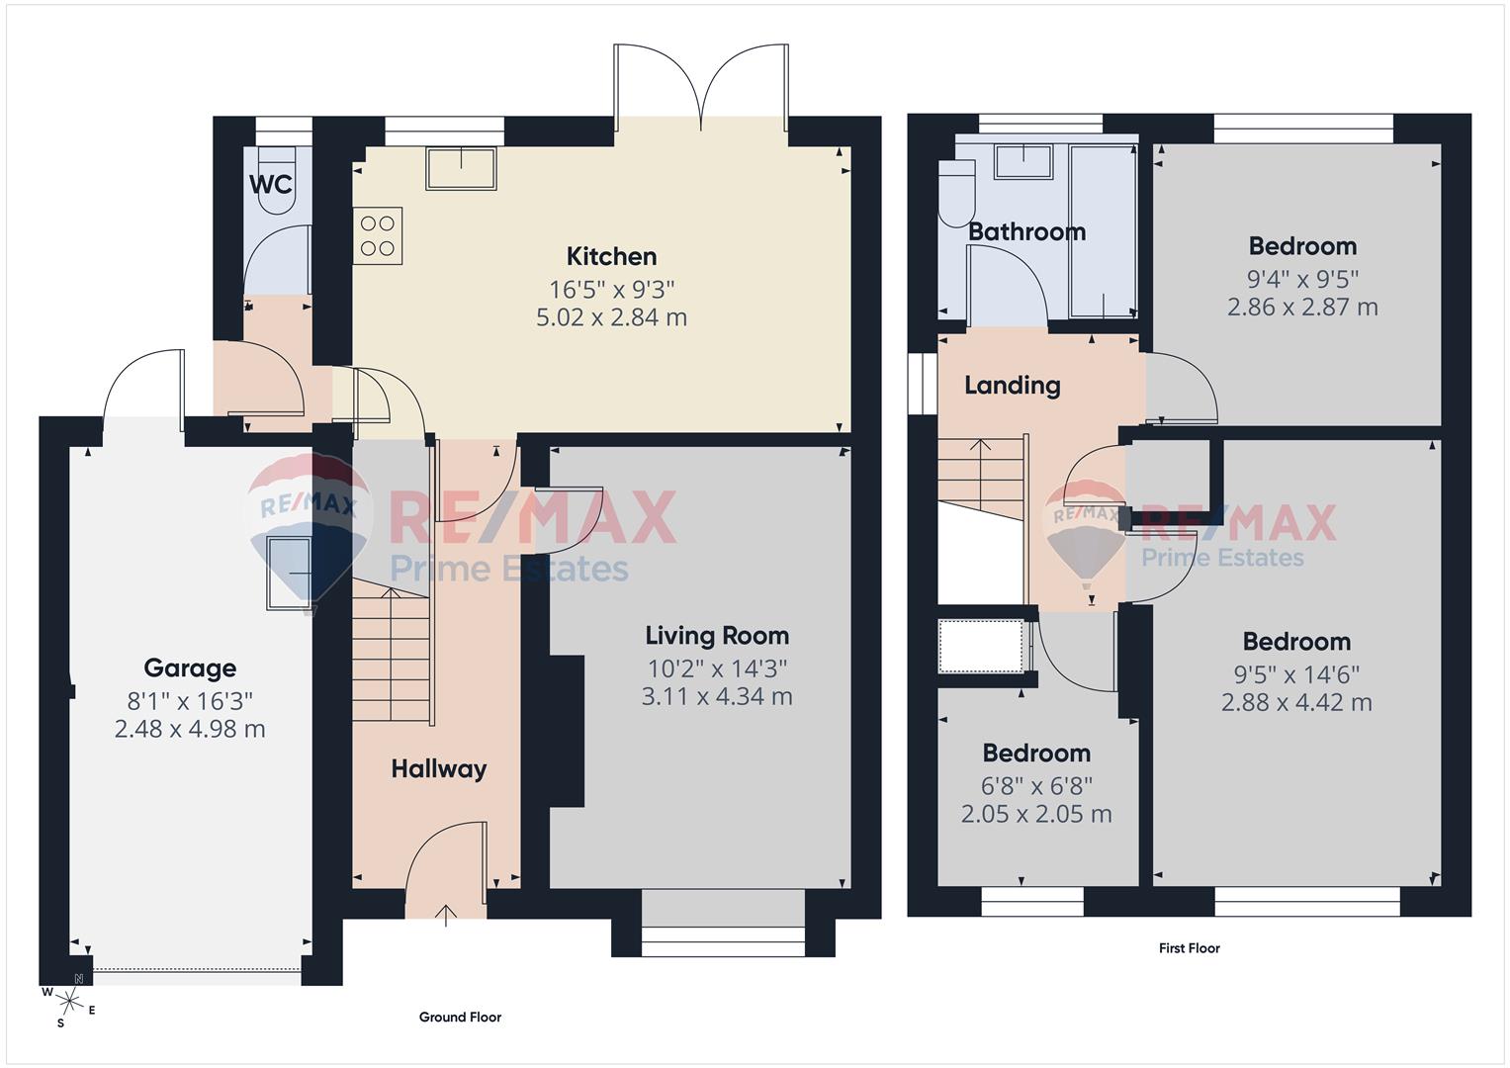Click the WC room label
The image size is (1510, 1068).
pos(270,184)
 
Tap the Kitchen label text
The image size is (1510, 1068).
pos(611,257)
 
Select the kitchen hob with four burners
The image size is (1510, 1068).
pos(378,236)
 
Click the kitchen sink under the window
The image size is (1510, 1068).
pos(461,168)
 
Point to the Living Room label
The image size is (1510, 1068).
pos(717,636)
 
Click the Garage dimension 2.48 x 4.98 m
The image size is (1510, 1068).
pos(190,730)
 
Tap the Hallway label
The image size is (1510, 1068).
pos(438,769)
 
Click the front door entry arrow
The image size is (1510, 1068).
pos(446,914)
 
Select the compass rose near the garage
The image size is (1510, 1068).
pos(65,999)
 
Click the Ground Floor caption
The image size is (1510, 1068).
pos(460,1017)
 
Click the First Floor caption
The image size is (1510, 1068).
pos(1189,948)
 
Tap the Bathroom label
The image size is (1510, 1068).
pos(1026,232)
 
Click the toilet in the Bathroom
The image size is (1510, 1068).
pos(956,193)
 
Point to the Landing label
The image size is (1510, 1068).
pos(1012,386)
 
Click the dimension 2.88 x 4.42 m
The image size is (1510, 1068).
pos(1295,703)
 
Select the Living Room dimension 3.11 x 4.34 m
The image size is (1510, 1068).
pos(717,697)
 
